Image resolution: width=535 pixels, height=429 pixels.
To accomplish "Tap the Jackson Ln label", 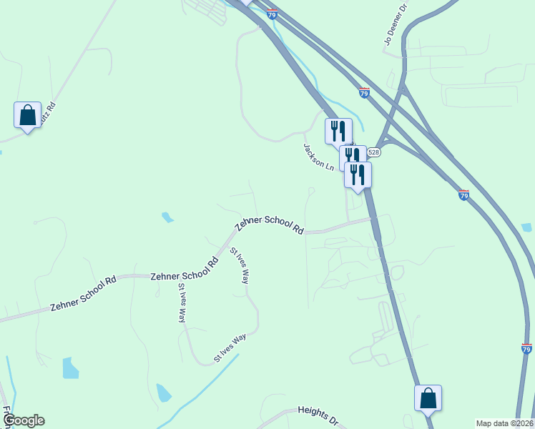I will [318, 157].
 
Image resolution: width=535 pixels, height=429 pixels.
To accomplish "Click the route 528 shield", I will [374, 152].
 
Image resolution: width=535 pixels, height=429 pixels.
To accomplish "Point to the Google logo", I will [24, 420].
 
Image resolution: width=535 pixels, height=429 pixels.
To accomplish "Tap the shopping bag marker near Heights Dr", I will [428, 398].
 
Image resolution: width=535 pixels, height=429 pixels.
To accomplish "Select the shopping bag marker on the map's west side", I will [27, 115].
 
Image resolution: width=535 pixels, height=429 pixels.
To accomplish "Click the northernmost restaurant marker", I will [338, 131].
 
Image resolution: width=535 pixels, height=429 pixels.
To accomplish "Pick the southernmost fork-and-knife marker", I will [358, 174].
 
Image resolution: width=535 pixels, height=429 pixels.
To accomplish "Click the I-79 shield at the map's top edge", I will [272, 14].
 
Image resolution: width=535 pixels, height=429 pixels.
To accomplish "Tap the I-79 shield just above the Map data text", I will [526, 349].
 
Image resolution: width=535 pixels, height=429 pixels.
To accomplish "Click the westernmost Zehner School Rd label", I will [83, 294].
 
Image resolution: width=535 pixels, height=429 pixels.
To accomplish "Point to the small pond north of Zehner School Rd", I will [167, 217].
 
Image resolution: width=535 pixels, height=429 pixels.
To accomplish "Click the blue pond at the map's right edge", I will [527, 228].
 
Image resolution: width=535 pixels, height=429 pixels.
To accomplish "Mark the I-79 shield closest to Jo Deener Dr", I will [364, 93].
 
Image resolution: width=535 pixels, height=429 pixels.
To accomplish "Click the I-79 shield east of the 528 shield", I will [463, 194].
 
